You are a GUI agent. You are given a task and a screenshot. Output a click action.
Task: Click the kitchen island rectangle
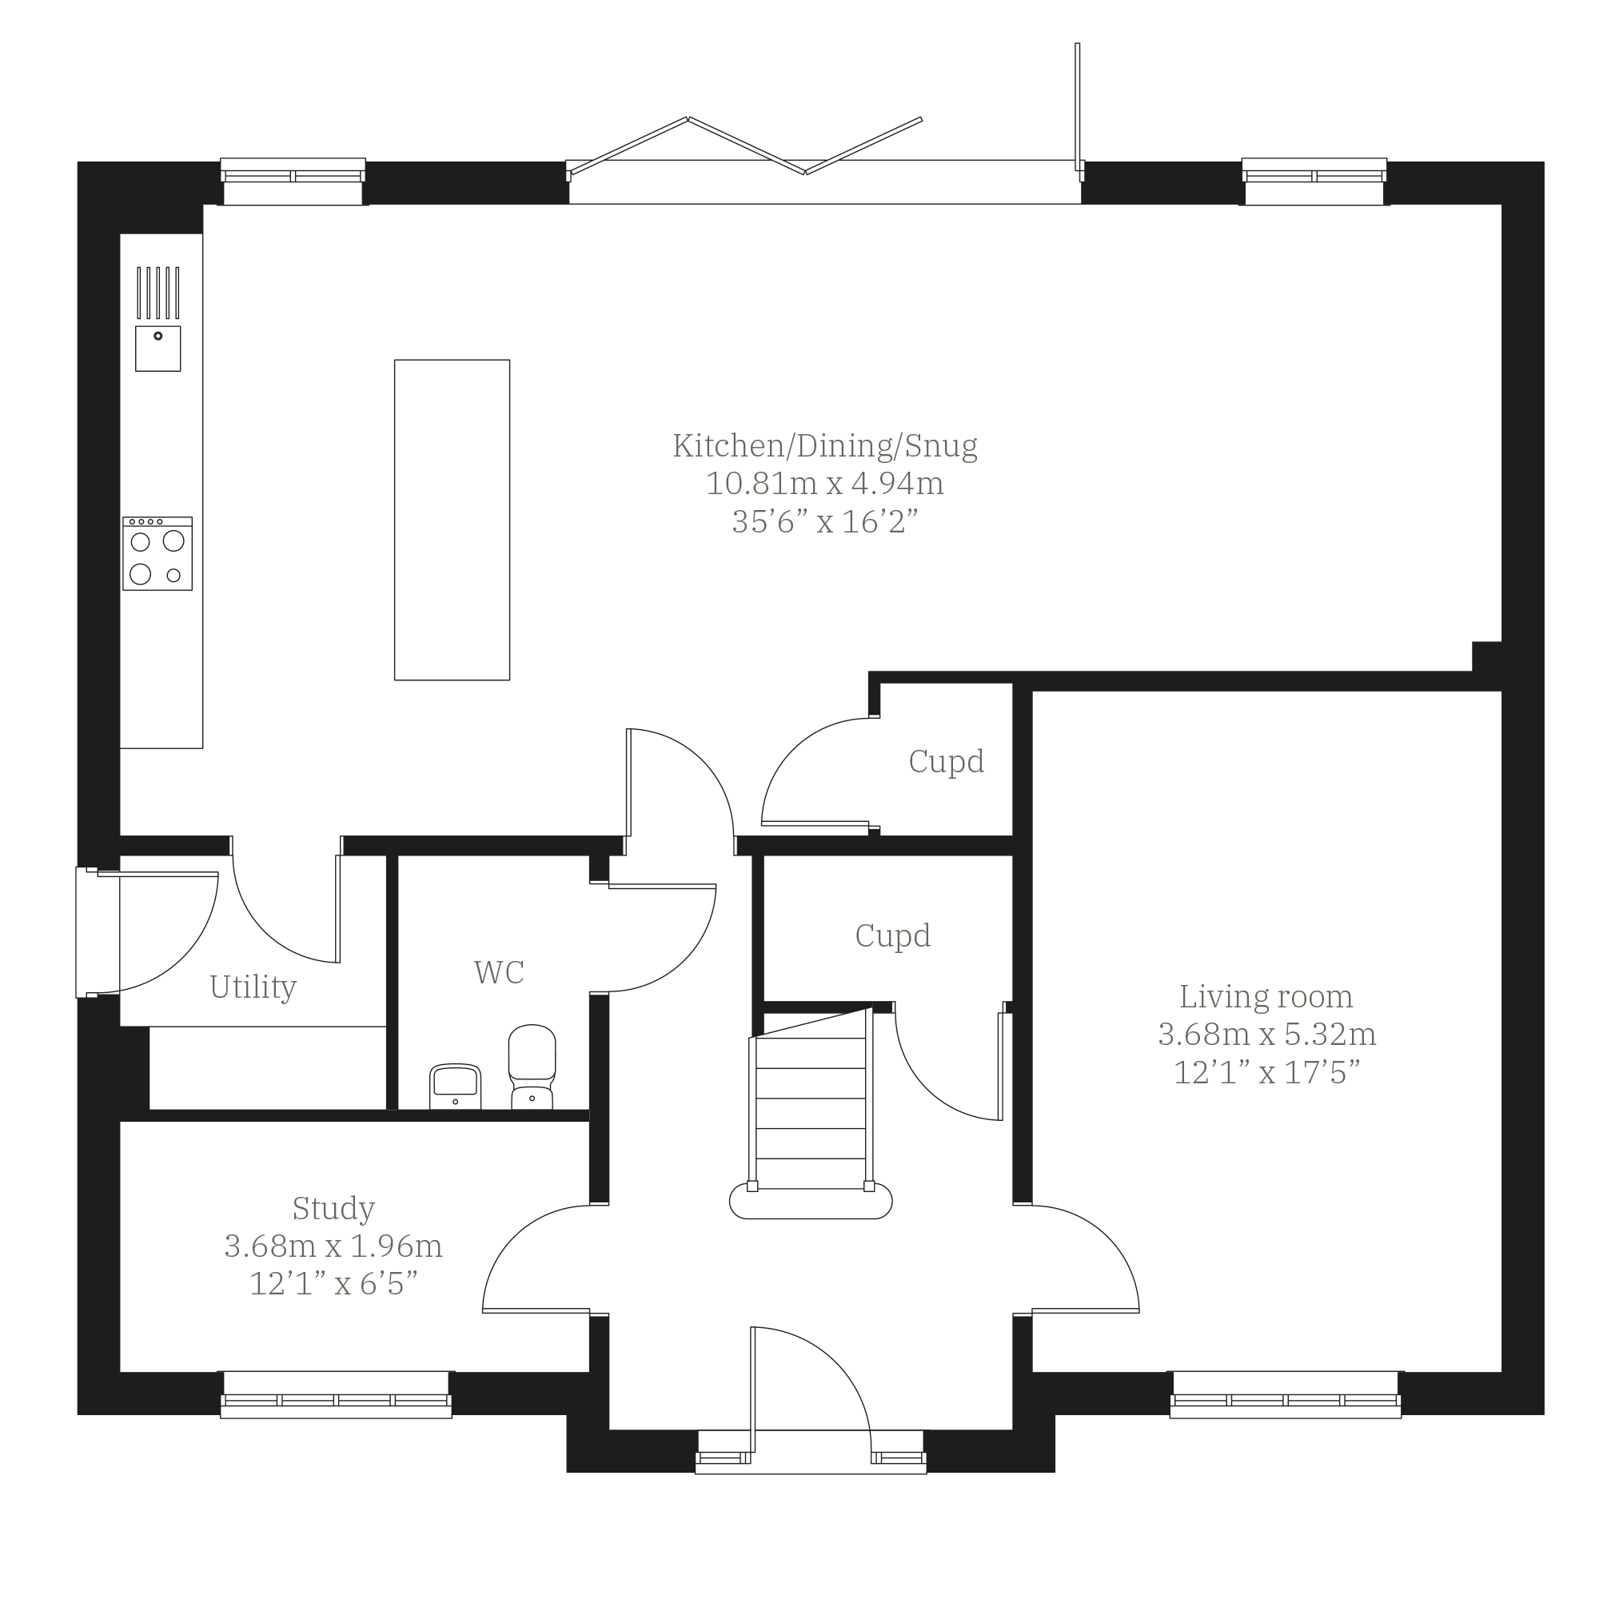click(452, 520)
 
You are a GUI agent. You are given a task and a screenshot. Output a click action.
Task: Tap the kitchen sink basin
click(158, 349)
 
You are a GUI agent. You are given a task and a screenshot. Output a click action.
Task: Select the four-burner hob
click(158, 553)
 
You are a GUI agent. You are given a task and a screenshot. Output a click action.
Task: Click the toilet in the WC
click(532, 1066)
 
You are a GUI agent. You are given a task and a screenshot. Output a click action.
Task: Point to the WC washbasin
click(455, 1086)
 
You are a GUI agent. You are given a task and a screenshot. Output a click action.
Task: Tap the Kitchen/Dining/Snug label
click(824, 446)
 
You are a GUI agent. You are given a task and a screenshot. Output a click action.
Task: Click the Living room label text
click(1266, 996)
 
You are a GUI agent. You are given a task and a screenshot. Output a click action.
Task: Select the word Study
click(333, 1208)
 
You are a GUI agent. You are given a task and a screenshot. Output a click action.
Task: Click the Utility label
click(253, 987)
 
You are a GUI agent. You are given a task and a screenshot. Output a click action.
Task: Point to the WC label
click(500, 972)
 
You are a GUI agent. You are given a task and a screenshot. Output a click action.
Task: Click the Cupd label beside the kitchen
click(946, 762)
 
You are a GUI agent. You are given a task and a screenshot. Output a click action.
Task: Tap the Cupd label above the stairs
click(892, 936)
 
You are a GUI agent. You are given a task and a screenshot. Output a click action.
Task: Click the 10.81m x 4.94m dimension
click(824, 484)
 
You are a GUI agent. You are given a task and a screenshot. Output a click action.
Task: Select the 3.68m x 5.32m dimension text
click(1267, 1034)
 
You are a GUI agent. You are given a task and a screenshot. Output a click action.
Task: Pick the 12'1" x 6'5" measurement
click(333, 1284)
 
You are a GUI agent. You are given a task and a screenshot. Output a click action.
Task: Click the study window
click(336, 1395)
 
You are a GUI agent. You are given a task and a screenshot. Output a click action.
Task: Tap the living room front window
click(1286, 1395)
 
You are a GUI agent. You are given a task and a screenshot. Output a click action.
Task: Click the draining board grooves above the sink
click(158, 293)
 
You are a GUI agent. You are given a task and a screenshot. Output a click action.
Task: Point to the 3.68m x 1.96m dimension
click(333, 1246)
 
